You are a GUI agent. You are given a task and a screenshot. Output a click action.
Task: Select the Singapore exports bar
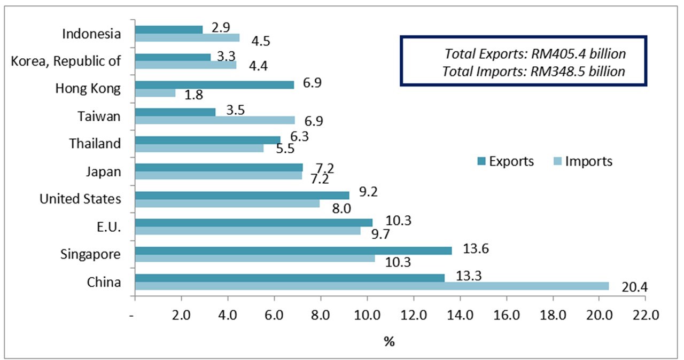point(293,251)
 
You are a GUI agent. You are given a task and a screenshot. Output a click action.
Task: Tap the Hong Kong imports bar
point(155,93)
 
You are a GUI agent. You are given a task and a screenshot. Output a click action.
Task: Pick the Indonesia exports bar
point(169,30)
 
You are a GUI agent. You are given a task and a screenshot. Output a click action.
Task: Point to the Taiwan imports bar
point(215,120)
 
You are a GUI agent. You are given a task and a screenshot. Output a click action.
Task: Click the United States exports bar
point(242,195)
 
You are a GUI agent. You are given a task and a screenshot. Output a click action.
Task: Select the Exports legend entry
point(505,161)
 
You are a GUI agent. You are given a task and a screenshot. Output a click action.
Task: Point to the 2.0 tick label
point(181,316)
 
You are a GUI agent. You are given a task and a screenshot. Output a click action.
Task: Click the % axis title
point(389,341)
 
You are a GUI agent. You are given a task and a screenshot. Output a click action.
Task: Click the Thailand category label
point(95,144)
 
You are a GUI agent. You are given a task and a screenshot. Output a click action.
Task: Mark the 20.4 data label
point(635,288)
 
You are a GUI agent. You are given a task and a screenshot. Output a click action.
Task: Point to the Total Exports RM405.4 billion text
point(535,54)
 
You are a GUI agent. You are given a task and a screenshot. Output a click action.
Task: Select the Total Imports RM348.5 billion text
point(534,71)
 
